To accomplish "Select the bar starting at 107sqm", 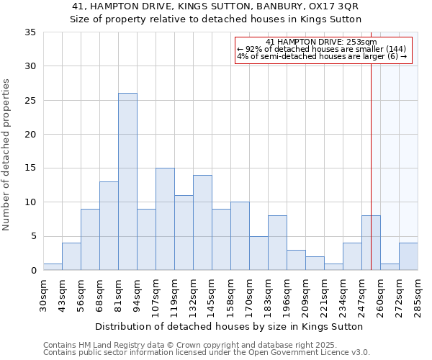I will click(x=165, y=219).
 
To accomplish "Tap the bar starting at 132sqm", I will click(x=202, y=222).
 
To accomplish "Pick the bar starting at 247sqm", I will click(x=371, y=243).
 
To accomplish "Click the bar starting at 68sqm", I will click(x=109, y=226).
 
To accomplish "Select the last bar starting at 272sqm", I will click(x=408, y=256).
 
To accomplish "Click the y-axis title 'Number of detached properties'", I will click(x=7, y=155).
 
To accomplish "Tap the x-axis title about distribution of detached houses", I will click(x=228, y=326).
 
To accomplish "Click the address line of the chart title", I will click(x=215, y=6).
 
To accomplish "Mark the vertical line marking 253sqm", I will click(x=371, y=144).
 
